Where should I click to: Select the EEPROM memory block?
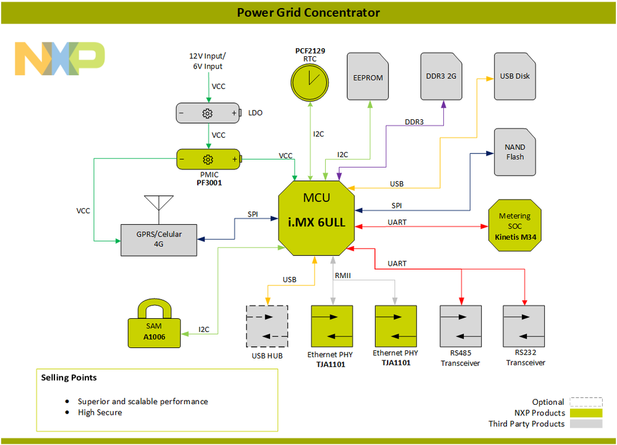[x=368, y=77]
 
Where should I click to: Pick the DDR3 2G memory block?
[x=441, y=77]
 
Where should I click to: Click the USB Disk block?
[x=515, y=77]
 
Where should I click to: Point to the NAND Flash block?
[x=515, y=152]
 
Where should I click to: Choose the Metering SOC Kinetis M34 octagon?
[x=514, y=226]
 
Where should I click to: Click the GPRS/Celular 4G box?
[x=159, y=239]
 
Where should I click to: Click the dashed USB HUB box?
[x=267, y=326]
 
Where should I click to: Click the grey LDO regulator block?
[x=207, y=114]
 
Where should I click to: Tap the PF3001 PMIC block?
[x=208, y=159]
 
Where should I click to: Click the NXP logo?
[x=60, y=59]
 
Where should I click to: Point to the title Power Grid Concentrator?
[x=308, y=12]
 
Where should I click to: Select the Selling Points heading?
[x=69, y=377]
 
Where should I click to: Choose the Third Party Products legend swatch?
[x=585, y=424]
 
